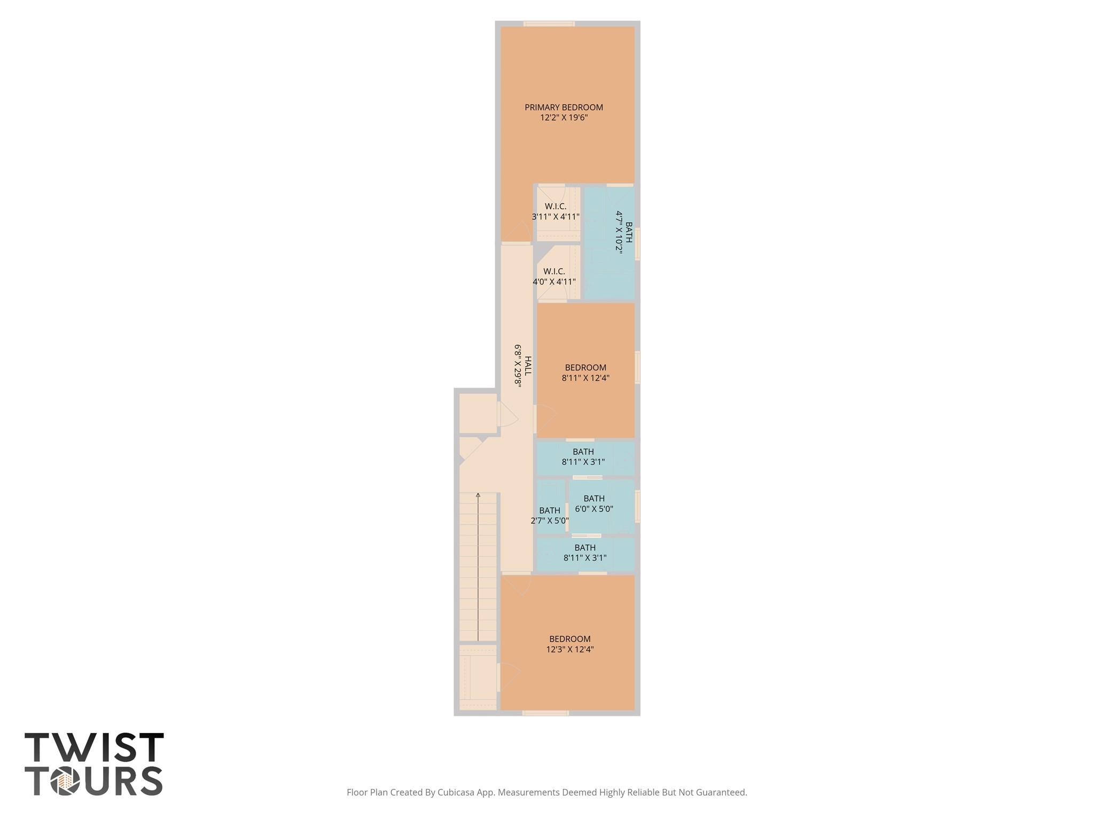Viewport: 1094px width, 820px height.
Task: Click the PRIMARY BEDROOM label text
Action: coord(564,107)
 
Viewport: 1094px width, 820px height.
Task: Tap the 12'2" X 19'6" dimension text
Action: coord(564,117)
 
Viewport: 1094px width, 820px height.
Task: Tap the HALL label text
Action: coord(528,366)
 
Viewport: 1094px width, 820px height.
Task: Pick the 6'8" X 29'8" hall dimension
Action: coord(518,366)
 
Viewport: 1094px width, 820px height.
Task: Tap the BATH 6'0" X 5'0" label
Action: coord(594,504)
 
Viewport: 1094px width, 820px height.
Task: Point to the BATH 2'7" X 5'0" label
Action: coord(550,516)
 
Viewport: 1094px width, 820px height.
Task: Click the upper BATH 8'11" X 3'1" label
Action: coord(583,457)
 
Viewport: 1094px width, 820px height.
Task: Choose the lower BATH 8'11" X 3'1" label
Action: coord(585,553)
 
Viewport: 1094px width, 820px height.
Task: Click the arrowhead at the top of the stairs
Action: coord(478,495)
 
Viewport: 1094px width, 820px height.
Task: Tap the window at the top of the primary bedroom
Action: coord(549,23)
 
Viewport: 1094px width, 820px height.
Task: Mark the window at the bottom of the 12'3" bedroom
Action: coord(545,713)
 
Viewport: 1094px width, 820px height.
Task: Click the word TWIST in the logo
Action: coord(94,747)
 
